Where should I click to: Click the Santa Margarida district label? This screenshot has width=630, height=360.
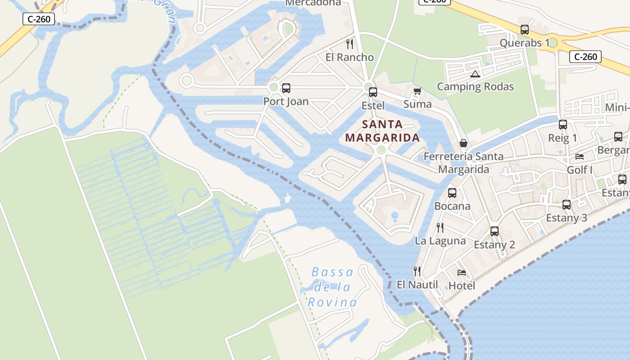point(382,131)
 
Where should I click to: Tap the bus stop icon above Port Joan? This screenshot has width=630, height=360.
point(286,88)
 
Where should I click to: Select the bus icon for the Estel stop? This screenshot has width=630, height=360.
point(373,92)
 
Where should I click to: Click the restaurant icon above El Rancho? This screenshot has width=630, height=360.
point(349,44)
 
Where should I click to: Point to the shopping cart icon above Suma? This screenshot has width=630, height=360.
point(417,91)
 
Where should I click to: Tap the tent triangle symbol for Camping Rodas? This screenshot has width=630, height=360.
point(475,74)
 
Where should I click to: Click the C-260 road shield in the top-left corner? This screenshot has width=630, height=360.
point(39,19)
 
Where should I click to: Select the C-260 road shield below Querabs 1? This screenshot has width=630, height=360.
point(585,57)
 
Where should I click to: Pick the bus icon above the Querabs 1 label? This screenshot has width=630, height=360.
point(525,30)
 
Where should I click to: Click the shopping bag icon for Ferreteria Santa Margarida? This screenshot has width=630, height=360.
point(463,143)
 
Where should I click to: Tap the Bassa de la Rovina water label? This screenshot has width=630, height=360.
point(333,287)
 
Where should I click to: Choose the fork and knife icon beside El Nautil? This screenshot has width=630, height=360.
point(417,271)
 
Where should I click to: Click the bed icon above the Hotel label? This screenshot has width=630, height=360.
point(462,272)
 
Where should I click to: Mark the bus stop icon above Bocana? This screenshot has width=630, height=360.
point(452,193)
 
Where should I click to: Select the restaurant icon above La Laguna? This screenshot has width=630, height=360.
point(440,227)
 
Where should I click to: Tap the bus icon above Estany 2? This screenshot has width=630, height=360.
point(494,231)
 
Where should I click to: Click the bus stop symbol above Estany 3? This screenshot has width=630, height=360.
point(566,205)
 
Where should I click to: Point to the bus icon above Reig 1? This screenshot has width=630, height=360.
point(562,125)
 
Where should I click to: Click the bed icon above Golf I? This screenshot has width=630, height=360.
point(580,157)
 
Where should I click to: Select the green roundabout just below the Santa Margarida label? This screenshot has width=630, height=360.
point(381,150)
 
